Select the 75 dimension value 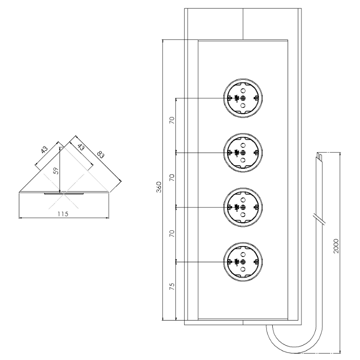pyautogui.click(x=172, y=286)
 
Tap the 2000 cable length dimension pyautogui.click(x=336, y=246)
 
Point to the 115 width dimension pyautogui.click(x=63, y=214)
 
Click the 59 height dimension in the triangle pyautogui.click(x=56, y=171)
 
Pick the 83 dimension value pyautogui.click(x=100, y=154)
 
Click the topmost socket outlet pyautogui.click(x=243, y=98)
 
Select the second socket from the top pyautogui.click(x=243, y=153)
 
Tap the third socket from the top pyautogui.click(x=243, y=207)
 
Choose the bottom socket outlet pyautogui.click(x=243, y=262)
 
